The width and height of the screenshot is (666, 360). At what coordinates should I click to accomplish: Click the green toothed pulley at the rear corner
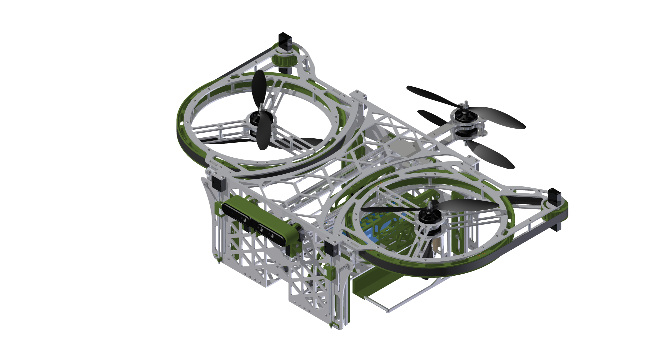pos(284,60)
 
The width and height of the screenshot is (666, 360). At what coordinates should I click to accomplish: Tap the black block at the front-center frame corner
pos(331,249)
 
